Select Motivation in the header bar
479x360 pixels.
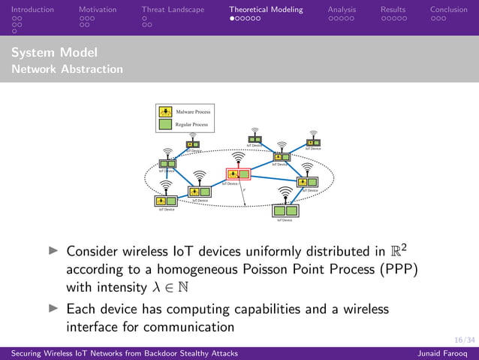[98, 10]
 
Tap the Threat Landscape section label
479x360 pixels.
[172, 10]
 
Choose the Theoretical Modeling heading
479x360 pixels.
[266, 10]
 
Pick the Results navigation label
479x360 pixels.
[393, 10]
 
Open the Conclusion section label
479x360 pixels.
[449, 10]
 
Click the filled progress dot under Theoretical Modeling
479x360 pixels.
[233, 18]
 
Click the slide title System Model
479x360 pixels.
[54, 53]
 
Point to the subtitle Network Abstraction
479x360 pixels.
[68, 69]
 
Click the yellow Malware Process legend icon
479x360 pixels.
[166, 112]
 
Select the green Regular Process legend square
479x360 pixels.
[166, 124]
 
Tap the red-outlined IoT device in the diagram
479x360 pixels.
[238, 174]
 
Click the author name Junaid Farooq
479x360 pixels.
[444, 353]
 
